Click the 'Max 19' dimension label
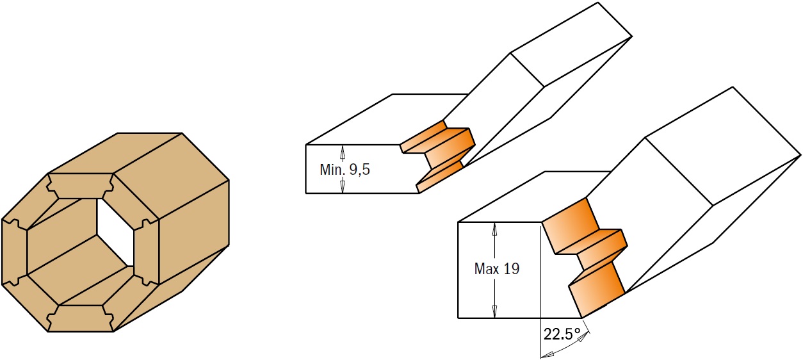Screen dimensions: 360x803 coord(496,269)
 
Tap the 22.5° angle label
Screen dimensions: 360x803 coord(562,334)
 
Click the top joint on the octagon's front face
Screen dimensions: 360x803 coord(81,186)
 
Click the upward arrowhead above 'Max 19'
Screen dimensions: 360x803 coord(494,227)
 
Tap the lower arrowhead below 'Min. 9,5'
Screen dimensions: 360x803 coord(343,186)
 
